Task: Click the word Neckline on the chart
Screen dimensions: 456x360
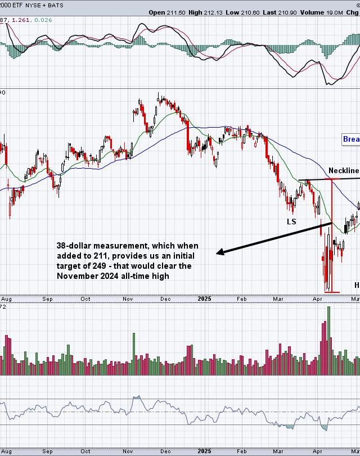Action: pos(344,170)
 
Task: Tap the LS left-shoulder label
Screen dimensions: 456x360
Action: pos(291,222)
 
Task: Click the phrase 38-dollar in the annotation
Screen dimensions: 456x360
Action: pos(73,246)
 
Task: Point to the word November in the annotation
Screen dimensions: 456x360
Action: pos(77,276)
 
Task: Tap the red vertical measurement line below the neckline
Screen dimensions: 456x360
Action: pos(332,236)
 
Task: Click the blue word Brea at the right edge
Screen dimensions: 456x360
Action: pos(351,139)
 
